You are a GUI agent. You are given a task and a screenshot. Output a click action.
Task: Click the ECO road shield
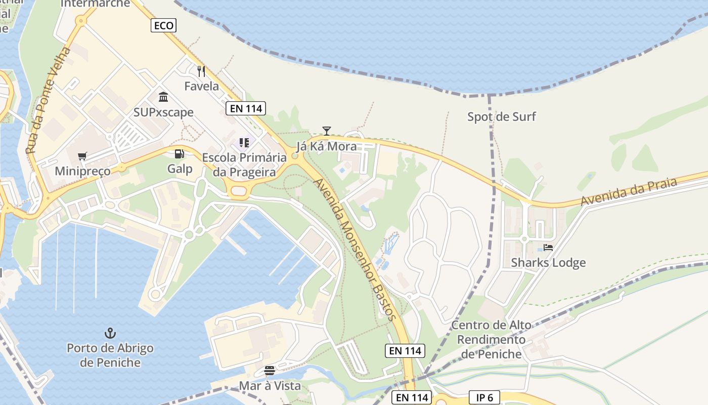coord(163,25)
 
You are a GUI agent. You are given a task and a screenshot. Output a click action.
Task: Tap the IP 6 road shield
coord(484,397)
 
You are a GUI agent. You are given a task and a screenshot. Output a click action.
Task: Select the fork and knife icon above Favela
coord(201,71)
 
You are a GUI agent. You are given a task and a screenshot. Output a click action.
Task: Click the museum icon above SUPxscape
coord(163,97)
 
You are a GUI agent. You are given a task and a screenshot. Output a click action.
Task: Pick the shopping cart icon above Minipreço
coord(82,156)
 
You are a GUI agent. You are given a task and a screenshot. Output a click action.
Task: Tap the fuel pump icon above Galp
coord(179,154)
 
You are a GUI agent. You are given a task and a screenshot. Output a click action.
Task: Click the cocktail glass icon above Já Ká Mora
coord(327,132)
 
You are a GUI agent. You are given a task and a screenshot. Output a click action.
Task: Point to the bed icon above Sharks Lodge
coord(548,248)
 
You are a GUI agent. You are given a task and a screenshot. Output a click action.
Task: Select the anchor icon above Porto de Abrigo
coord(110,333)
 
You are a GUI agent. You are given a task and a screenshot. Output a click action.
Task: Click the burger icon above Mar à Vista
coord(270,371)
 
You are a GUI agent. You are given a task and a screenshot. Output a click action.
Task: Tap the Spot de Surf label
coord(501,117)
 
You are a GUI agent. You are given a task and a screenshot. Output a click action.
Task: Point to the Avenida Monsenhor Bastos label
coord(353,249)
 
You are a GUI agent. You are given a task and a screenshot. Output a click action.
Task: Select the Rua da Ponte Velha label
coord(49,101)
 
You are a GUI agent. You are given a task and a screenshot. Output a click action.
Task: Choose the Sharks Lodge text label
coord(548,263)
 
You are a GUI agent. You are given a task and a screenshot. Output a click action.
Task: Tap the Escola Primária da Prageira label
coord(244,165)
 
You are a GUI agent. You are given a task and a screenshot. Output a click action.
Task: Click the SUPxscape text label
coord(163,112)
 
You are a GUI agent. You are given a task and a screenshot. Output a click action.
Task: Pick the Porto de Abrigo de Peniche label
coord(110,355)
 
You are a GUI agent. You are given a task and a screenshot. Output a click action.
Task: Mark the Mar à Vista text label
coord(270,386)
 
